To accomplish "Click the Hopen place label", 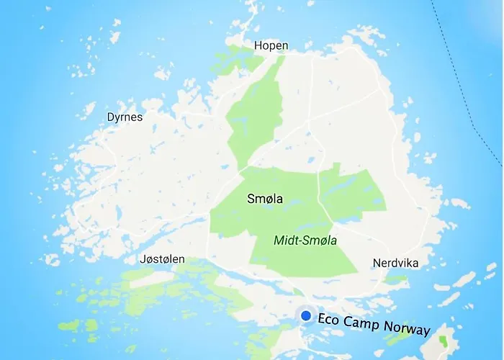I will point(271,46).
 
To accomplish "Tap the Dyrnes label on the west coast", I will point(125,117).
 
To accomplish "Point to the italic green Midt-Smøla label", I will point(305,240).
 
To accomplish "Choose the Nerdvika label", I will point(395,263).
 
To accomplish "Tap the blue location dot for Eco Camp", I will point(307,315).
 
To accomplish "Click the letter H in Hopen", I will point(258,46).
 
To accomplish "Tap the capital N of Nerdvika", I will point(377,263).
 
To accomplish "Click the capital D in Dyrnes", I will point(110,117).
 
